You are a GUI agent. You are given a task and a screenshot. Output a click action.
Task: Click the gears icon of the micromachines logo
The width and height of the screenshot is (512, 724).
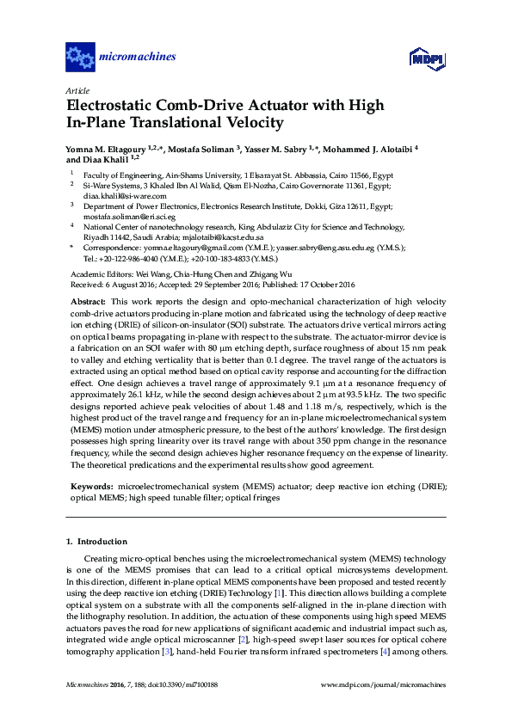80,58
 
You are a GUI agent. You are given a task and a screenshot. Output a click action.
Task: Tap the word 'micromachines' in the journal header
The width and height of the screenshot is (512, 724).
139,58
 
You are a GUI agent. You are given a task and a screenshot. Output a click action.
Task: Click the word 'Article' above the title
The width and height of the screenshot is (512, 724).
77,89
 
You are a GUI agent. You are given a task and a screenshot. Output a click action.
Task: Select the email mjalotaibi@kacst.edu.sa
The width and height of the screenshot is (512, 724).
225,236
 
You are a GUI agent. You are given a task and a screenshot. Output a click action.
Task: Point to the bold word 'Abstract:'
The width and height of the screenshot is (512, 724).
89,303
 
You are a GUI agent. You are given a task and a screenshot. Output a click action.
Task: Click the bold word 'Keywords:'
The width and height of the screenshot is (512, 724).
91,487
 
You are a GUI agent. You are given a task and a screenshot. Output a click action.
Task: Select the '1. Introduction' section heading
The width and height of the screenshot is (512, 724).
96,542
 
